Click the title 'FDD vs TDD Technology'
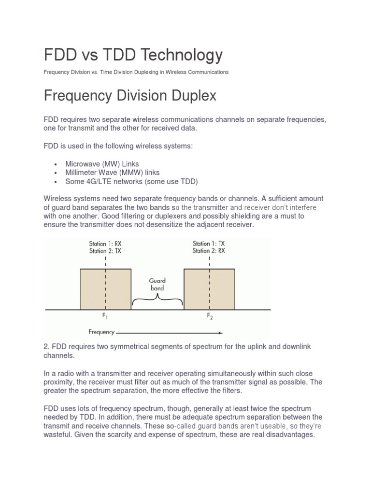(133, 55)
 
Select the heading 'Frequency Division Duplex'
(130, 95)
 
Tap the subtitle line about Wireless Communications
(136, 72)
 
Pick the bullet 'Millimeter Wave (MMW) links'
(113, 173)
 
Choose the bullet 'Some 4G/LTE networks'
(132, 181)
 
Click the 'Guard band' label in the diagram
(157, 284)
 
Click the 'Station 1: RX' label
(105, 244)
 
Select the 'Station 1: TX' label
(209, 244)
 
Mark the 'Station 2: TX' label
(105, 251)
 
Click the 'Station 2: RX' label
(209, 251)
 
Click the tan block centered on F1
(105, 289)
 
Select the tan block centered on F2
(209, 289)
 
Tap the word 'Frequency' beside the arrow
(101, 332)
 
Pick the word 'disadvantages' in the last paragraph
(287, 435)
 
